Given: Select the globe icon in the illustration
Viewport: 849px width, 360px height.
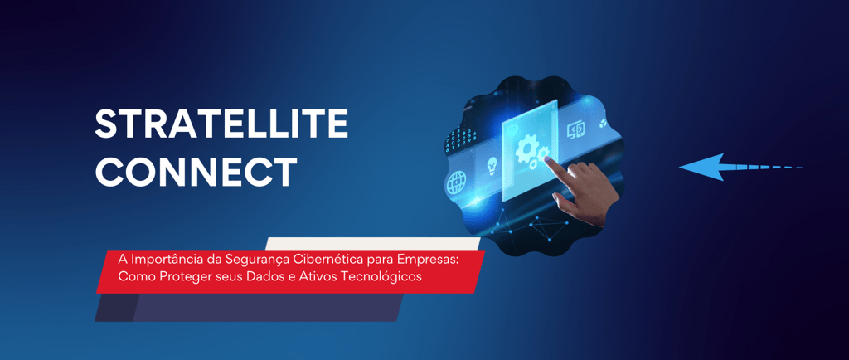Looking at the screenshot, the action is (456, 182).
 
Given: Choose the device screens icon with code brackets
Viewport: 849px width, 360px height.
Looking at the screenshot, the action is (576, 130).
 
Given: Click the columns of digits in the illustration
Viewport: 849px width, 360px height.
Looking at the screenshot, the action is (460, 139).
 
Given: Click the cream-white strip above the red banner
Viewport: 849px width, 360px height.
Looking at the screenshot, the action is (374, 244).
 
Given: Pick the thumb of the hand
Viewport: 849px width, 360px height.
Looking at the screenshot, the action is (562, 200).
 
